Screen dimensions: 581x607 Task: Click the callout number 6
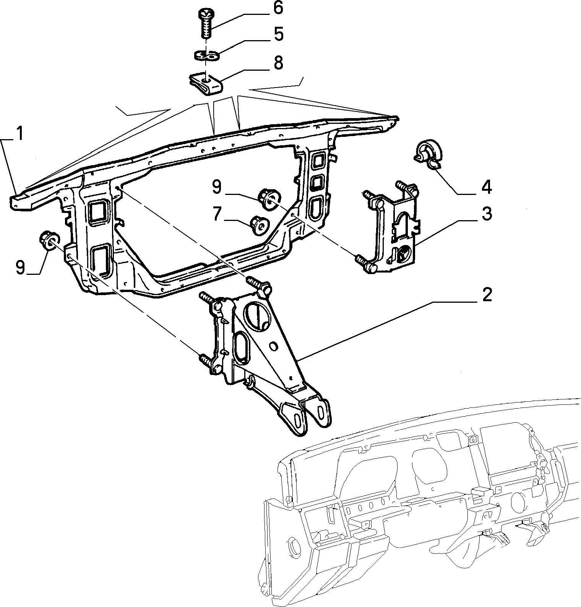pos(278,8)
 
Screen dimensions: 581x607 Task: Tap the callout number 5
pos(278,34)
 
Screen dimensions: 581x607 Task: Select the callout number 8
pos(278,63)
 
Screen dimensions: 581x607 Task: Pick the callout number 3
pos(486,214)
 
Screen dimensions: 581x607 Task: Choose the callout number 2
pos(486,295)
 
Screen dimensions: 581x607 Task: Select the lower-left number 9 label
pos(20,267)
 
